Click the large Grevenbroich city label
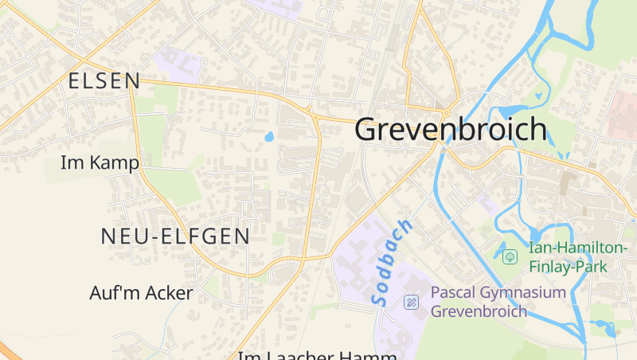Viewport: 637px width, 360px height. pos(451,129)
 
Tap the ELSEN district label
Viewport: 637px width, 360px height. pos(104,80)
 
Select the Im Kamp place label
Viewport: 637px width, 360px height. pos(100,163)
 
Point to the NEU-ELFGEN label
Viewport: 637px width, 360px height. pos(175,236)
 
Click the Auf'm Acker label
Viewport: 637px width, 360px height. pos(141,293)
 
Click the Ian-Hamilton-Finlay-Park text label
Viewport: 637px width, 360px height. pos(577,257)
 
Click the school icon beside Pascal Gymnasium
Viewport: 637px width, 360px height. pos(411,301)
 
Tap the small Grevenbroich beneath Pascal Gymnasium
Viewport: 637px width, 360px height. pos(479,311)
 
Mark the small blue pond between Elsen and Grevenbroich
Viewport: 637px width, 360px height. pos(268,136)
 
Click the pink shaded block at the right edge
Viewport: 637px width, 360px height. pos(623,116)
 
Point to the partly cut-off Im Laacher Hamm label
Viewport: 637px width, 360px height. pos(318,354)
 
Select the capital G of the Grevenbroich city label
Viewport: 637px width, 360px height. pos(368,129)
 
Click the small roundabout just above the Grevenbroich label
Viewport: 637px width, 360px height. pos(447,109)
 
